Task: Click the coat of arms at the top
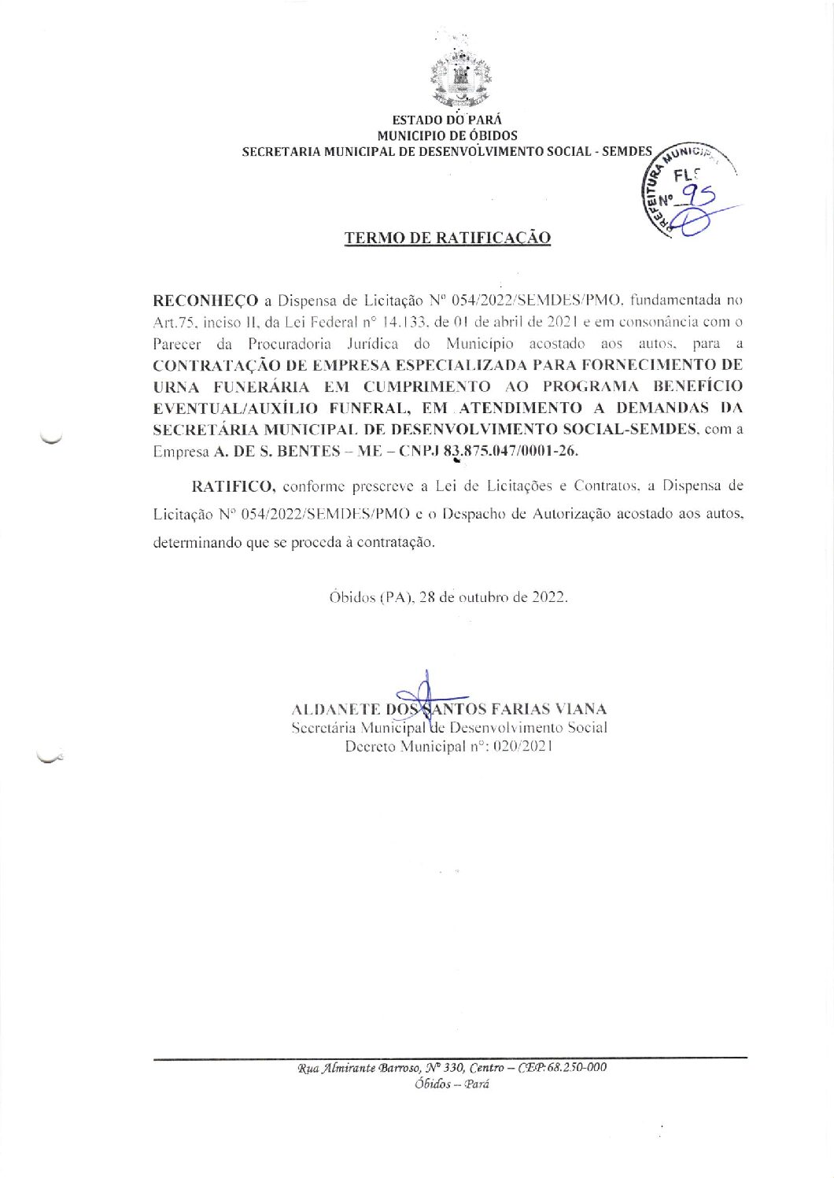tap(462, 76)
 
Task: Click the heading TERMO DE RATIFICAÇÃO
tap(448, 238)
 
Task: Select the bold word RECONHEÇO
tap(205, 301)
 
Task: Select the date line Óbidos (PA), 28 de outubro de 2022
tap(448, 596)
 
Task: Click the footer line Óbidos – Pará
tap(452, 1084)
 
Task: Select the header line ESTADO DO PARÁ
tap(447, 120)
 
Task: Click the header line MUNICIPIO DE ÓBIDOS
tap(447, 135)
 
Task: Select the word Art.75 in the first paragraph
tap(173, 322)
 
